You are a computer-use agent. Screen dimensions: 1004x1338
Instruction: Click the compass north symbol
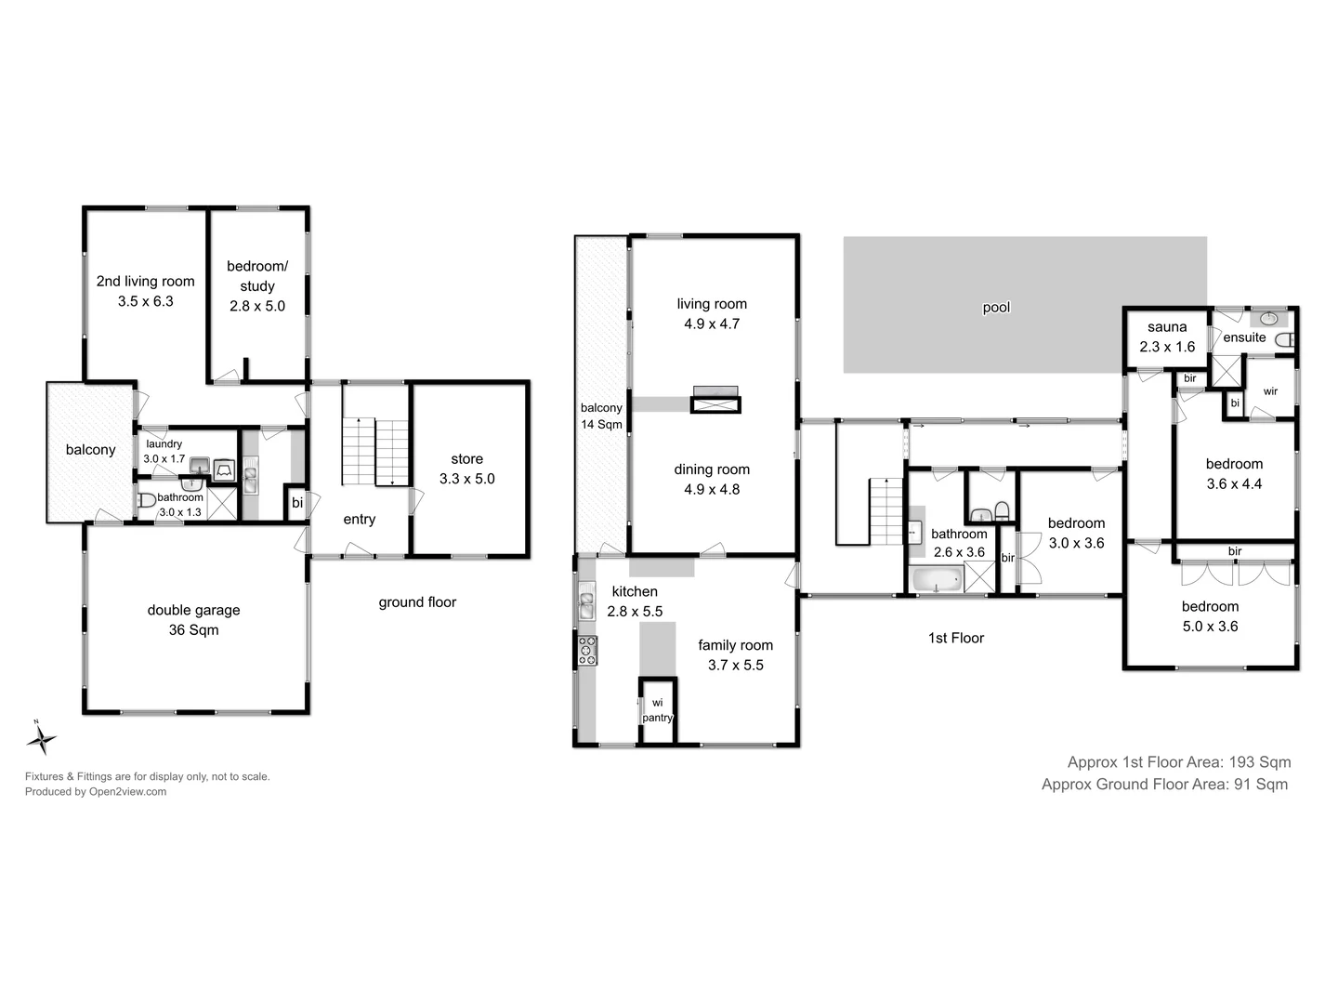pyautogui.click(x=41, y=738)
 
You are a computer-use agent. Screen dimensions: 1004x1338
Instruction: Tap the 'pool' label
pyautogui.click(x=996, y=308)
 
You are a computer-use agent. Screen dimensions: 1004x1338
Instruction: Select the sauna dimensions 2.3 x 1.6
pyautogui.click(x=1167, y=347)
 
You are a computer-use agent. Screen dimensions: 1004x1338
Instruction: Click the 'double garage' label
pyautogui.click(x=193, y=610)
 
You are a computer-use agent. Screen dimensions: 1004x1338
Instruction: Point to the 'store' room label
pyautogui.click(x=466, y=458)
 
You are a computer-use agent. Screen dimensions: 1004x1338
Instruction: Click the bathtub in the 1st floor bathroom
pyautogui.click(x=938, y=581)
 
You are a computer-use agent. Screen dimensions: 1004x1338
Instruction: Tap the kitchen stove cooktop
pyautogui.click(x=587, y=650)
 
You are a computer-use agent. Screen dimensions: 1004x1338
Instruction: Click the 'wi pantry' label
pyautogui.click(x=657, y=710)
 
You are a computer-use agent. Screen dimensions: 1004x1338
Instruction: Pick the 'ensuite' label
pyautogui.click(x=1244, y=337)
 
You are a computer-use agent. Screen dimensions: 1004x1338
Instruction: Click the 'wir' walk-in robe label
pyautogui.click(x=1270, y=391)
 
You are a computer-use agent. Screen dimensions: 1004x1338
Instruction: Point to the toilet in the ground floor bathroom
pyautogui.click(x=146, y=501)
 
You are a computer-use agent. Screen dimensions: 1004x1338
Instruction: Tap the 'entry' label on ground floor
pyautogui.click(x=359, y=519)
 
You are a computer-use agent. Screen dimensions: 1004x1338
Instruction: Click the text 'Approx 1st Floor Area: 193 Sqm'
pyautogui.click(x=1178, y=762)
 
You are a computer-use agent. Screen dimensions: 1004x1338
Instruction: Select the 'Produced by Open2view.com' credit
pyautogui.click(x=96, y=792)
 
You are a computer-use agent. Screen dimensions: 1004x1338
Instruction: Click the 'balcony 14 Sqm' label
pyautogui.click(x=601, y=416)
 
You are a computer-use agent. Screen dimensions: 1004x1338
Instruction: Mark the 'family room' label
pyautogui.click(x=735, y=645)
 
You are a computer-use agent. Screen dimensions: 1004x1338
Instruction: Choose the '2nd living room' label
pyautogui.click(x=146, y=281)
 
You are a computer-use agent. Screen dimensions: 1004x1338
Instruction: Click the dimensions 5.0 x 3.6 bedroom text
pyautogui.click(x=1210, y=627)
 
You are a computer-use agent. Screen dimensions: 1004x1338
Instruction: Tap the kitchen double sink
pyautogui.click(x=586, y=606)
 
